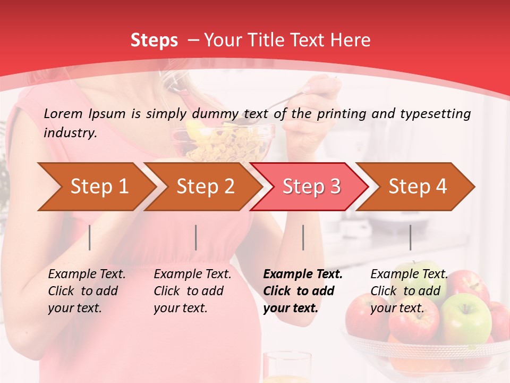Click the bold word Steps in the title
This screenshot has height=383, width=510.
tap(154, 40)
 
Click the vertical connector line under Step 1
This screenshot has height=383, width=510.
tap(90, 237)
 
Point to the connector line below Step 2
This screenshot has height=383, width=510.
tap(196, 237)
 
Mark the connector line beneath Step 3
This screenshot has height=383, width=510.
tap(303, 237)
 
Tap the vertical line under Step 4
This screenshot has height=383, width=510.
tap(411, 237)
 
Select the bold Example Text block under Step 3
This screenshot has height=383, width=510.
tap(303, 291)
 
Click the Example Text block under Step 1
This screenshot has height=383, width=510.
tap(87, 291)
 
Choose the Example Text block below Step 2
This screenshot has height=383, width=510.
tap(192, 291)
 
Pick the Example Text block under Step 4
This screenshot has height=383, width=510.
tap(409, 291)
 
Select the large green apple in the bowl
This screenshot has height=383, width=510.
tap(466, 318)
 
